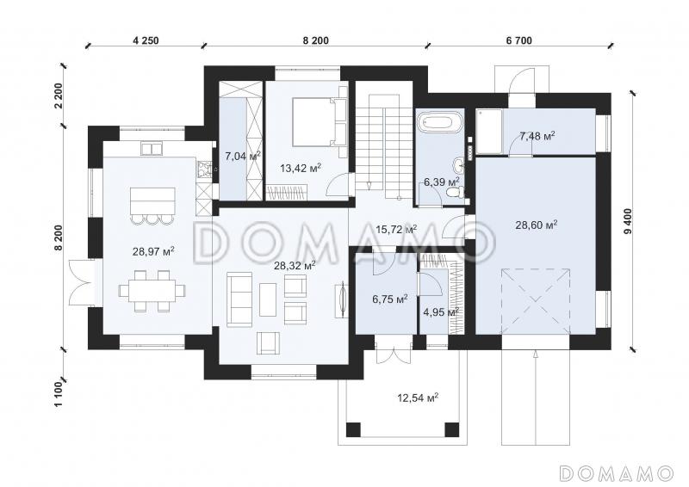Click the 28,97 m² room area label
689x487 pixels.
tap(153, 251)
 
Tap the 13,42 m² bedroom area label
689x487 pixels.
tap(301, 168)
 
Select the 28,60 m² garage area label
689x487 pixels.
tap(537, 225)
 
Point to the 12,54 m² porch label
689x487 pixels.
tap(418, 398)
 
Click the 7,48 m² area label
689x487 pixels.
tap(537, 136)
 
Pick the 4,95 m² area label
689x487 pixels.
tap(441, 312)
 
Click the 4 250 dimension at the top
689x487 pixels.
tap(146, 40)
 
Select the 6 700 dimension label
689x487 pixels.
tap(519, 40)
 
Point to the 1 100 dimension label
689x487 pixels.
tap(59, 394)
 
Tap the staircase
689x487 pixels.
tap(384, 139)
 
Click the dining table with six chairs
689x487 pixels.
tap(152, 291)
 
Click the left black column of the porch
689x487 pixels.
tap(353, 429)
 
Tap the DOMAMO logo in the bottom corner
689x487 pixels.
tap(616, 473)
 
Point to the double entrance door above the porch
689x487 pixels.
tap(394, 349)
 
